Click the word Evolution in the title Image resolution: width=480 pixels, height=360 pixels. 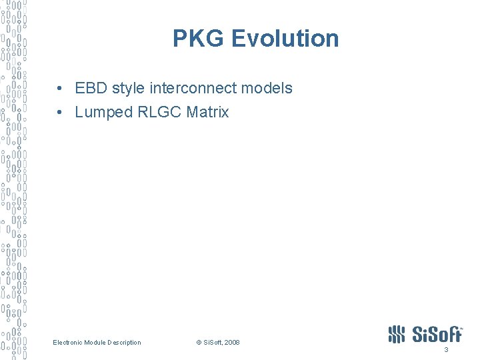285,38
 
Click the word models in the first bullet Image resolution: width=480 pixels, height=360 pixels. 269,88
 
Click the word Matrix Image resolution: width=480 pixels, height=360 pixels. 207,112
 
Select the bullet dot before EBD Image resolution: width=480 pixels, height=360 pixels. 60,89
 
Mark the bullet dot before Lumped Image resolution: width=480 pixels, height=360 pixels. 60,113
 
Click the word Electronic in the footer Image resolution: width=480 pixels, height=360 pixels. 67,343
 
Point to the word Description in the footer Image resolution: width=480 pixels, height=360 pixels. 124,343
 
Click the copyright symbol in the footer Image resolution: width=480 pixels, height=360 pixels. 198,343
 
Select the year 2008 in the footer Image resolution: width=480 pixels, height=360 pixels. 232,343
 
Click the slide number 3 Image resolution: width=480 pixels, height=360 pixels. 446,351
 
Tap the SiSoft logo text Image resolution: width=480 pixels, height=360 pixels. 437,333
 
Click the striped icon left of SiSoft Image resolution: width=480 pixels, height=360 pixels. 396,334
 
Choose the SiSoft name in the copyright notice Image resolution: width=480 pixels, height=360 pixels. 212,343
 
